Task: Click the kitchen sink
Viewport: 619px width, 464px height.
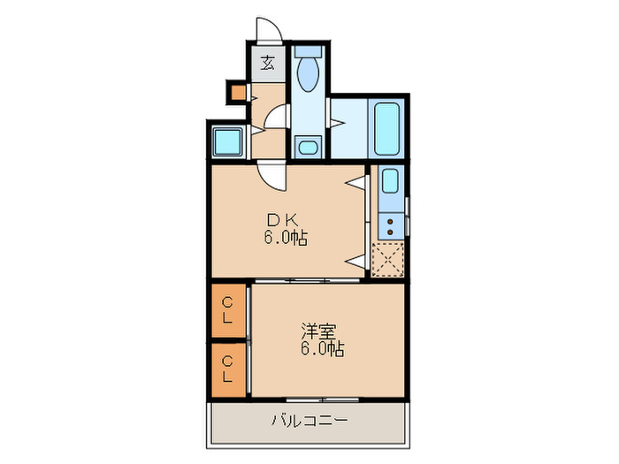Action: pyautogui.click(x=389, y=183)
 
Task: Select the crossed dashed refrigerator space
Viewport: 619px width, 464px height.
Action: pyautogui.click(x=388, y=259)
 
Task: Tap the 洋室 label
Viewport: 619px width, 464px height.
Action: pyautogui.click(x=318, y=332)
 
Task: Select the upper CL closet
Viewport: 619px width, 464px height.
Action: pyautogui.click(x=229, y=310)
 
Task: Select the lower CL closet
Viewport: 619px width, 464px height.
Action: pyautogui.click(x=229, y=368)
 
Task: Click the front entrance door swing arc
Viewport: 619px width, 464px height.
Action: pyautogui.click(x=269, y=31)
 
